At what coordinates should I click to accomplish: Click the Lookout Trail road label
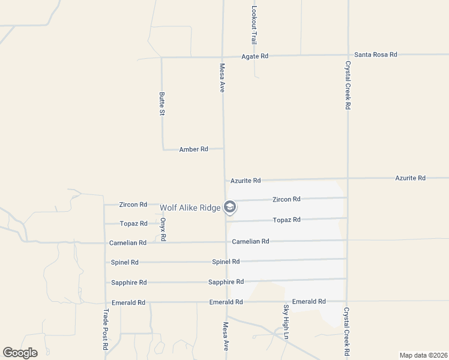pos(254,25)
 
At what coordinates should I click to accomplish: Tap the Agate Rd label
pos(255,56)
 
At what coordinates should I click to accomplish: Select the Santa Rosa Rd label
pos(376,55)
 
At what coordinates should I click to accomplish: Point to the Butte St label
pos(161,103)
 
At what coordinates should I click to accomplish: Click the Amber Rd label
pos(193,149)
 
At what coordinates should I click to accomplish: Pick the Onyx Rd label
pos(163,229)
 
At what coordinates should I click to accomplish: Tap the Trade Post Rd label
pos(106,329)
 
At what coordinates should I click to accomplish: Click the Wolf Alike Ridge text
pos(190,208)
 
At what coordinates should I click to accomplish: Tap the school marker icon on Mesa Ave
pos(229,208)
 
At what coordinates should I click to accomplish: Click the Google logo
pos(20,352)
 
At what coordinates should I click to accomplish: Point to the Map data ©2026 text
pos(423,355)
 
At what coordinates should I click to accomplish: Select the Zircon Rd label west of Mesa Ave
pos(133,205)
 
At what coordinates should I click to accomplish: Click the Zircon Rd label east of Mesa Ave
pos(286,199)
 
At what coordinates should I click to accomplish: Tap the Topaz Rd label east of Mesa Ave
pos(286,220)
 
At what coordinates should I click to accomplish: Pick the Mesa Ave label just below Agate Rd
pos(222,78)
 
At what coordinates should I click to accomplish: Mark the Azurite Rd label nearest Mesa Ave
pos(246,181)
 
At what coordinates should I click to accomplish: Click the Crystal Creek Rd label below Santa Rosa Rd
pos(347,85)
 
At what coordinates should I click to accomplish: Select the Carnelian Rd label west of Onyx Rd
pos(128,243)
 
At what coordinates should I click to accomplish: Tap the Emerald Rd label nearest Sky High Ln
pos(309,301)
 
